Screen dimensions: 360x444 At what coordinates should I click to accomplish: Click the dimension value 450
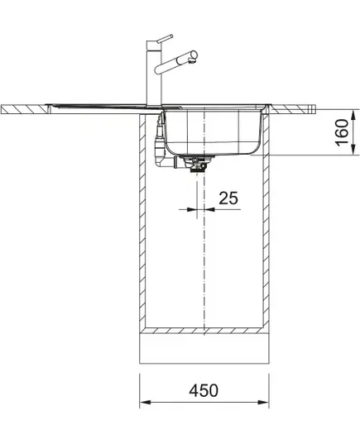[204, 390]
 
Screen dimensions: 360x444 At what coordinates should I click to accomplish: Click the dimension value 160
[342, 133]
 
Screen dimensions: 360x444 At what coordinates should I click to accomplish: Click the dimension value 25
[228, 198]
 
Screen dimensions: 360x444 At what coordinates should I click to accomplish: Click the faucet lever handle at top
[166, 38]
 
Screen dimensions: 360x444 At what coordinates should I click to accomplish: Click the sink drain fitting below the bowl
[195, 164]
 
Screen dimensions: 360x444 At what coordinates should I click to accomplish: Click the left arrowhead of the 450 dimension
[146, 403]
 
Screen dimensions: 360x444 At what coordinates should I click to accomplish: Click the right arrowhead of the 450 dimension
[263, 403]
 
